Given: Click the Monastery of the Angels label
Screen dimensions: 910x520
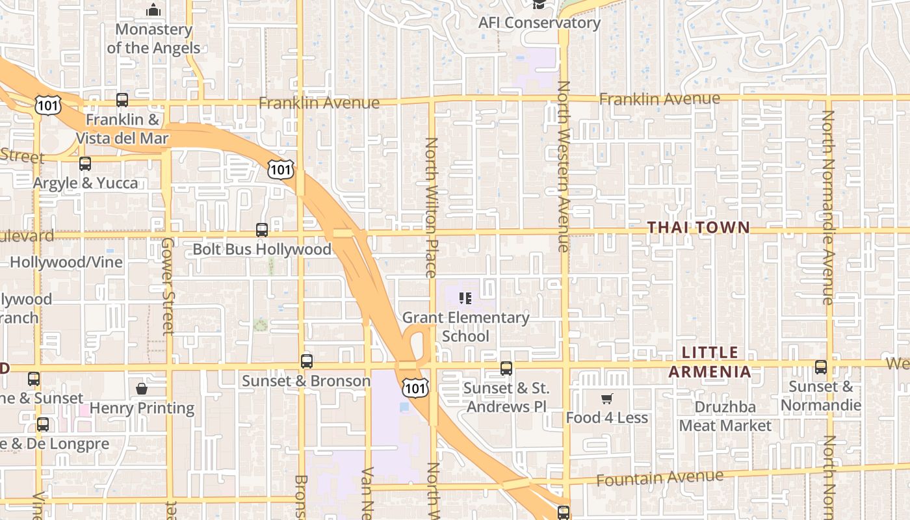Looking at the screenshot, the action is point(153,38).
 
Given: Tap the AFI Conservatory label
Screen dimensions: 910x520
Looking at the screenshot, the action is point(539,23).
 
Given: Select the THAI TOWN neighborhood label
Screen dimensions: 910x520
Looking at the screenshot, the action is point(699,227).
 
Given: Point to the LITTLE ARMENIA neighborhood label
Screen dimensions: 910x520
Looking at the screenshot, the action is point(710,363).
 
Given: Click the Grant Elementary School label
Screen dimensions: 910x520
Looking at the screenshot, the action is point(465,326).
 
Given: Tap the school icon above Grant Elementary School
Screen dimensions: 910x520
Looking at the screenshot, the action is point(465,298).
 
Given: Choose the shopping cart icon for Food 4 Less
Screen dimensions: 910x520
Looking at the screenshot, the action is point(606,398).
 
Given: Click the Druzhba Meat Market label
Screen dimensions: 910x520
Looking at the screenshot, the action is point(725,416).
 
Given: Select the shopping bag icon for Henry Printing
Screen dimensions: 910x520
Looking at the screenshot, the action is point(142,389).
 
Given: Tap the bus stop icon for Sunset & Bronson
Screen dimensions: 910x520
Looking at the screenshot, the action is point(306,361).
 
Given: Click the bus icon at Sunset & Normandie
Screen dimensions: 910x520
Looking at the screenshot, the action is point(820,367).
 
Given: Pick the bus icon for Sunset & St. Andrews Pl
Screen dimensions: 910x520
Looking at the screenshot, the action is point(506,369).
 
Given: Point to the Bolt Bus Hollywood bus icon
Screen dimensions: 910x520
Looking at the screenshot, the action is point(262,230).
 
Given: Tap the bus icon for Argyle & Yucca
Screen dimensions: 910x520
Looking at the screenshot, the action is point(85,164).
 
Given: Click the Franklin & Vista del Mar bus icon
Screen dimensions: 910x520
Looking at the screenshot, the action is point(122,100).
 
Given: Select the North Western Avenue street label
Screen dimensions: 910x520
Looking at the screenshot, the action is point(563,166).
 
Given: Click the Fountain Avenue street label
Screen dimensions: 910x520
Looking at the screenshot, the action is point(659,478).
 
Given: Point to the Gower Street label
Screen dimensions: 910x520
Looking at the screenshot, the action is point(168,286).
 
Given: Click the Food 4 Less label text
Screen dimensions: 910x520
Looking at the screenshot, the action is point(606,417).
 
